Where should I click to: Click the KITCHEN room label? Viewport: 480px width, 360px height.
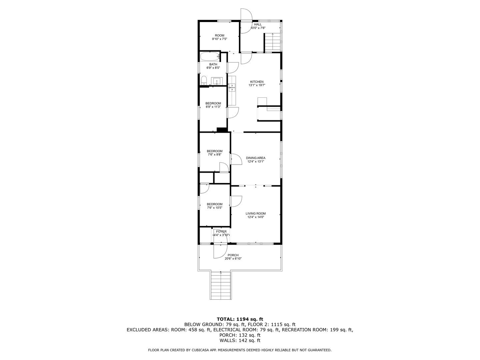coord(257,82)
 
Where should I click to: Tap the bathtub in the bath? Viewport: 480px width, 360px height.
coord(210,56)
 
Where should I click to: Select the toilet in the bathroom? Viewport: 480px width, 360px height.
coord(204,81)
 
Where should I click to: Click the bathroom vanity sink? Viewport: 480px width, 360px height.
coord(217,81)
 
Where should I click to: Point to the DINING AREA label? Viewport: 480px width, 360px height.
coord(256,158)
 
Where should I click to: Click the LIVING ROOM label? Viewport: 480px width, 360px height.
coord(256,214)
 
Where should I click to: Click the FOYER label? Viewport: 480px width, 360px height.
coord(221,231)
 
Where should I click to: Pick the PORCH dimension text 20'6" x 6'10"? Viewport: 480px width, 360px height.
coord(233,259)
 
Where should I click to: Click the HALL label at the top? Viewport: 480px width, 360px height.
coord(258,24)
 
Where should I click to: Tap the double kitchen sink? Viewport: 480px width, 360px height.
coord(232,87)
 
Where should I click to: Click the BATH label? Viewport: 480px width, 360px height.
coord(213,64)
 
